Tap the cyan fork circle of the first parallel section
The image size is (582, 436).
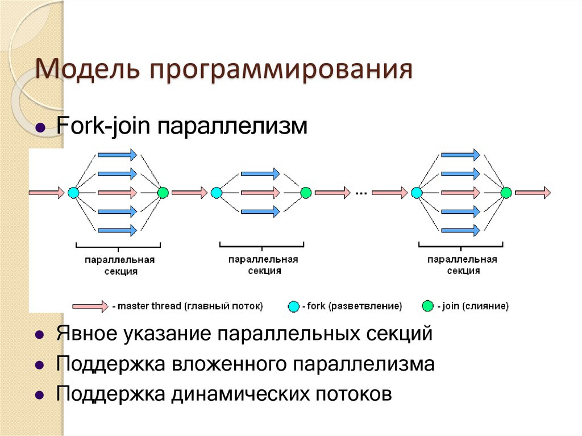[73, 193]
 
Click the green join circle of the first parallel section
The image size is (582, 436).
[163, 193]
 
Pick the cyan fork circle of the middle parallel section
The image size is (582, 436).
[216, 193]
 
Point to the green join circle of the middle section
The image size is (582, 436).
[306, 193]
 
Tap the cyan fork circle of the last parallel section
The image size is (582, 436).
[417, 193]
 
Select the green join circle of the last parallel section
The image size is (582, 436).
[506, 193]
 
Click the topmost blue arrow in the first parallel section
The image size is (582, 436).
[117, 154]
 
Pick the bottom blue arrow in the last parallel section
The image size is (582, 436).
[460, 230]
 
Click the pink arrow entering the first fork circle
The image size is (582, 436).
[47, 193]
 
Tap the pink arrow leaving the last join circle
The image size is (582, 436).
[533, 193]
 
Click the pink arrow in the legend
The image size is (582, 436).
[90, 306]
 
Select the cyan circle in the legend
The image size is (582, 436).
[293, 306]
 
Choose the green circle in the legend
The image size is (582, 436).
[427, 306]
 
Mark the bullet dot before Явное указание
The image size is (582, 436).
[40, 335]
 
